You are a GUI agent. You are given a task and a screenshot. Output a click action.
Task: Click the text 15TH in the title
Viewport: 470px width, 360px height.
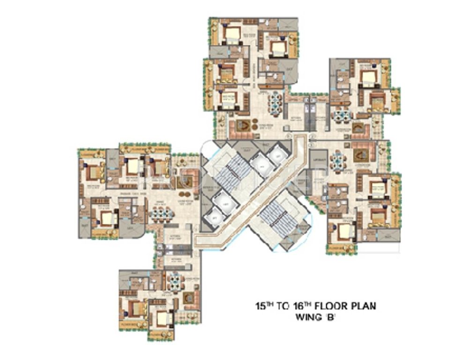click(x=263, y=307)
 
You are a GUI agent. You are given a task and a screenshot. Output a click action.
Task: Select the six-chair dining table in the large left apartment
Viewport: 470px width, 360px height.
click(x=161, y=214)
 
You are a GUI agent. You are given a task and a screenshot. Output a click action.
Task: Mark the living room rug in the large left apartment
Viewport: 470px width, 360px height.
click(x=186, y=179)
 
